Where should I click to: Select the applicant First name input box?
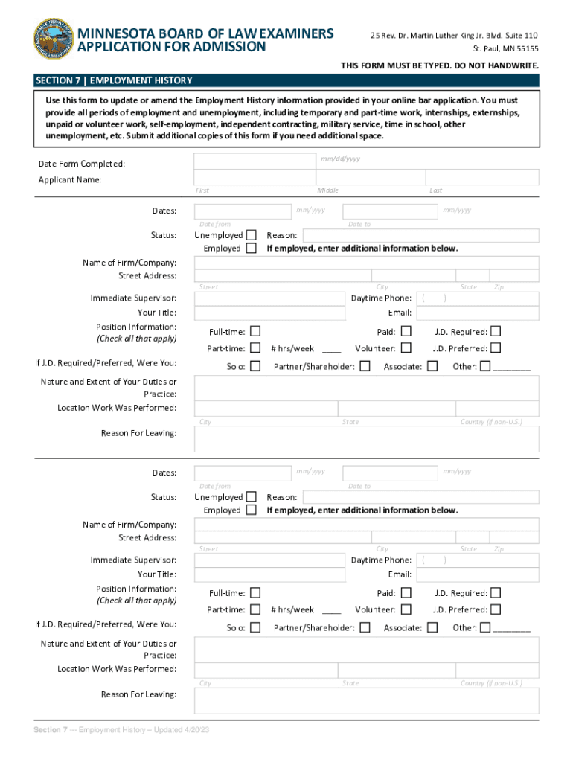(255, 177)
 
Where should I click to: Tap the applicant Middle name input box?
(371, 177)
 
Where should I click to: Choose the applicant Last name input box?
(482, 177)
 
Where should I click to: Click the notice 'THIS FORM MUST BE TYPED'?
(439, 66)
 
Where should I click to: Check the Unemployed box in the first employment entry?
(252, 235)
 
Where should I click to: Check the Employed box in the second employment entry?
(252, 510)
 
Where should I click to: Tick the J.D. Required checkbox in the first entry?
(496, 331)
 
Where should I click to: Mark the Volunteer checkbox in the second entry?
(406, 609)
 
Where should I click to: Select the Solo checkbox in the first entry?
(255, 366)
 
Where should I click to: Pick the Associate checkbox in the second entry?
(432, 627)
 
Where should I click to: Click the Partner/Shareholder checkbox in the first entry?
(365, 366)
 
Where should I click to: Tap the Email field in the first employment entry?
(477, 313)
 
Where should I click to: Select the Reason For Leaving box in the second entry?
(366, 700)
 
